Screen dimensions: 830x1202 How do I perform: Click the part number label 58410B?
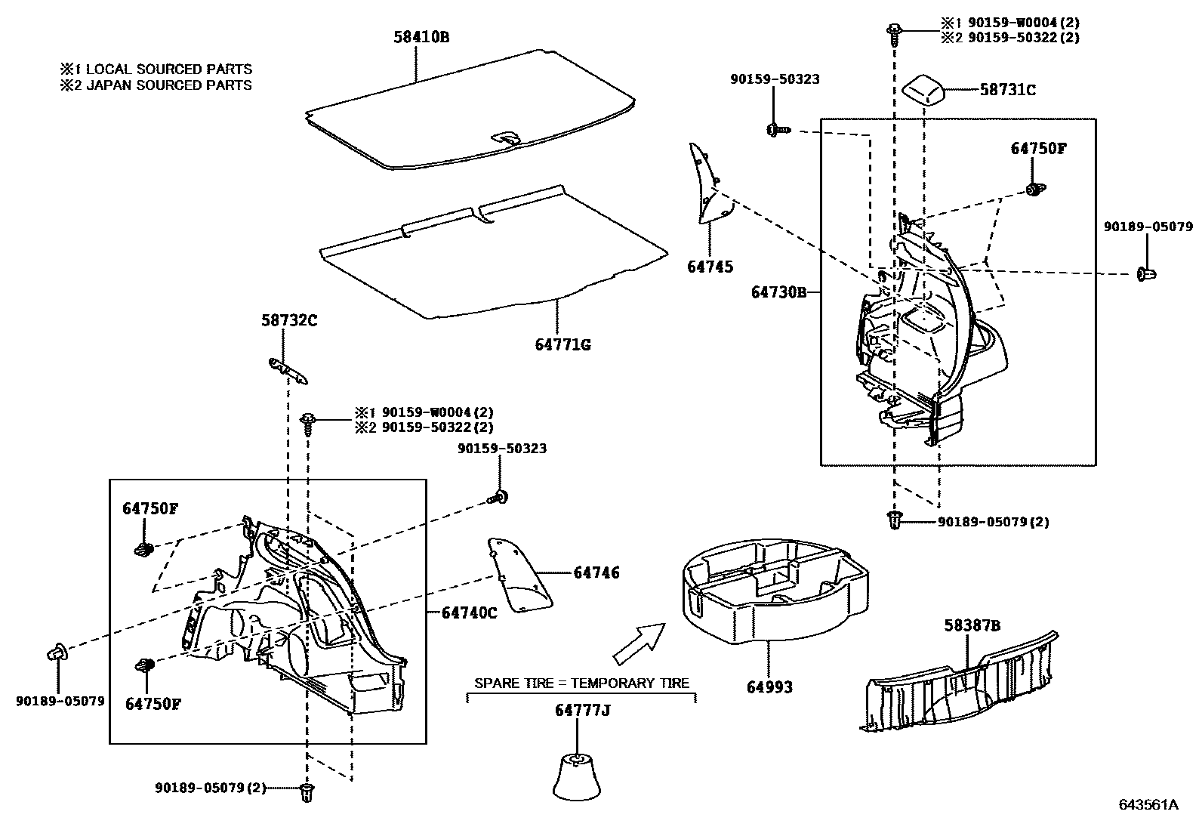(x=421, y=36)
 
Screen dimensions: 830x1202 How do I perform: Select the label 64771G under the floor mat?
(x=562, y=345)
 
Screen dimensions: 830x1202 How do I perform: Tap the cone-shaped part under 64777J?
(x=578, y=776)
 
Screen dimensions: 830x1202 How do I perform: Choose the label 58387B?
(x=972, y=625)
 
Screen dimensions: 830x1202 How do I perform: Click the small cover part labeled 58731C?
(x=923, y=91)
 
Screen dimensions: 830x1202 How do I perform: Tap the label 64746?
(x=596, y=573)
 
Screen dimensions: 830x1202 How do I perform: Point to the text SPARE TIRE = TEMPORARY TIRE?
(x=581, y=683)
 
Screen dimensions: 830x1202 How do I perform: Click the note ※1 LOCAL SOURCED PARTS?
(x=156, y=69)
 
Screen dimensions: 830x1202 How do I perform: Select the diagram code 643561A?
(x=1148, y=804)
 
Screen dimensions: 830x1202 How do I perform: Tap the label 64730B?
(x=778, y=292)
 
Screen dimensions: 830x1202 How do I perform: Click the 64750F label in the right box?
(x=1038, y=149)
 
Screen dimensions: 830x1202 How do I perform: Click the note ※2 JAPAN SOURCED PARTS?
(x=156, y=85)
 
